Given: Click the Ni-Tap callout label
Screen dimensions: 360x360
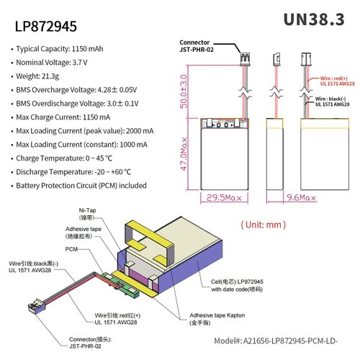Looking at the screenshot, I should point(87,212).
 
